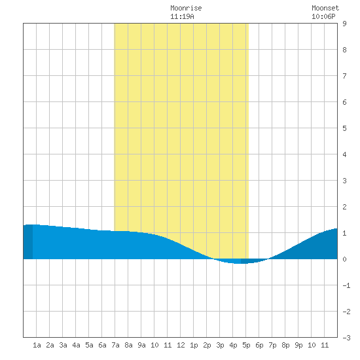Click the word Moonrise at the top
click(186, 8)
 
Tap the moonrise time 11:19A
click(183, 16)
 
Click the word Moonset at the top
click(325, 8)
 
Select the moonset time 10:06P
click(323, 16)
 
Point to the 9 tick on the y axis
click(344, 24)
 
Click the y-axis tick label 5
click(344, 128)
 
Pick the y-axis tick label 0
click(344, 259)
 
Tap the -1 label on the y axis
click(346, 285)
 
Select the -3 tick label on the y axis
click(346, 338)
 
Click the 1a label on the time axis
click(37, 345)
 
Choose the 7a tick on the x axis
click(115, 345)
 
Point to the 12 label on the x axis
click(181, 345)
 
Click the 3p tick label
click(220, 345)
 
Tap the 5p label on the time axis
click(246, 345)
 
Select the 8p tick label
click(285, 345)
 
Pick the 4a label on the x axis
click(76, 345)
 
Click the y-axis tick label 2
click(344, 207)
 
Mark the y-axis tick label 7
click(344, 76)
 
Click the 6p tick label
click(259, 345)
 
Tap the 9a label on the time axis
click(141, 345)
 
